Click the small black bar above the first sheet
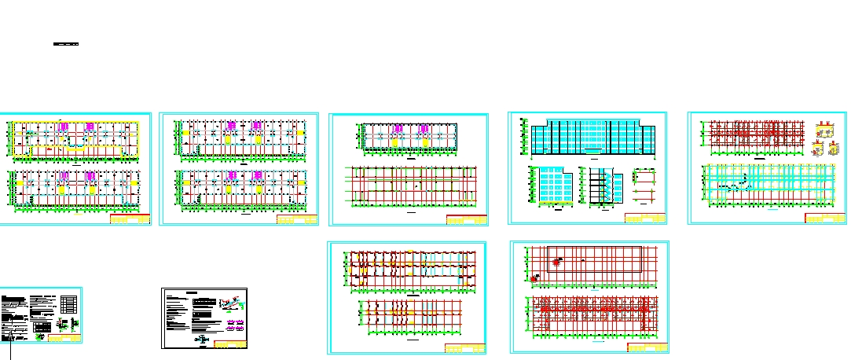point(67,44)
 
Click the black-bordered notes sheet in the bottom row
point(204,318)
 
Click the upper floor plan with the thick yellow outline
point(73,140)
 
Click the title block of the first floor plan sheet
point(130,220)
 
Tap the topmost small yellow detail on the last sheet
point(822,128)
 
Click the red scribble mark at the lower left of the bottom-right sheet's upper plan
point(536,277)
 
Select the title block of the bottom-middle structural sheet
point(464,348)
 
